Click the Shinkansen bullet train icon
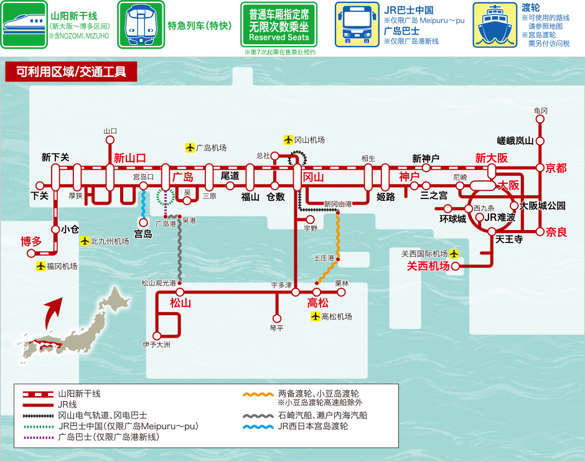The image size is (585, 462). (x=24, y=25)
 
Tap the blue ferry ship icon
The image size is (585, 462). (x=495, y=25)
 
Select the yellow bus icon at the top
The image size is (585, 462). (x=357, y=25)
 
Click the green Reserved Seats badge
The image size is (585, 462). (x=279, y=25)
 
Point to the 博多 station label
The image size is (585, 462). (x=31, y=241)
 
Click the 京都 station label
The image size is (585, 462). (x=556, y=168)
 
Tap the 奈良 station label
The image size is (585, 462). (x=556, y=232)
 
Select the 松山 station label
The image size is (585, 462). (x=180, y=303)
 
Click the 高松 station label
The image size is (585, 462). (x=318, y=303)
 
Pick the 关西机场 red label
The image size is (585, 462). (x=428, y=266)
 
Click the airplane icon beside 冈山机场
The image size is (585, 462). (x=288, y=140)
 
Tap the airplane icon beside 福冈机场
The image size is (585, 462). (x=40, y=266)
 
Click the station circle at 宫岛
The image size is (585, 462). (x=143, y=223)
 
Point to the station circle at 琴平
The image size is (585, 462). (x=277, y=318)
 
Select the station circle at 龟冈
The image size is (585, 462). (x=540, y=119)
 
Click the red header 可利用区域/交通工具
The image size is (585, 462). (x=72, y=72)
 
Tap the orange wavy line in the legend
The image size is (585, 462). (x=258, y=394)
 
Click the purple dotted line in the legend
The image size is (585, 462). (x=38, y=437)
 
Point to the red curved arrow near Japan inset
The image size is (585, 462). (x=52, y=313)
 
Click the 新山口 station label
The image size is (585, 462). (x=130, y=158)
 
